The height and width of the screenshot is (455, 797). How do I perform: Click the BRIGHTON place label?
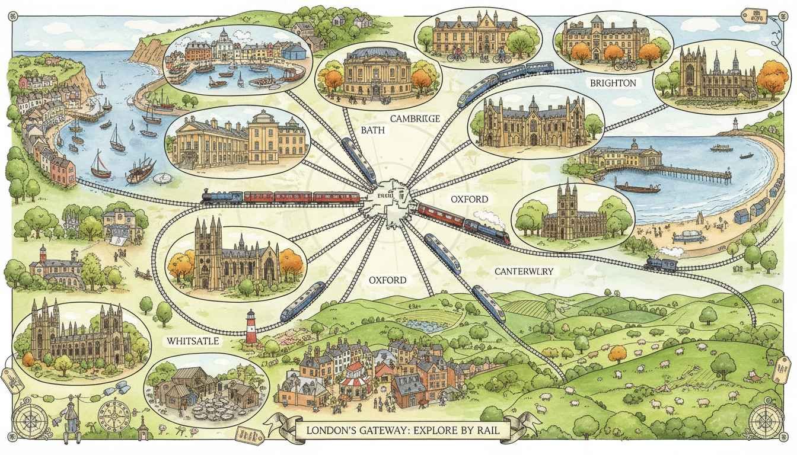[x=613, y=84]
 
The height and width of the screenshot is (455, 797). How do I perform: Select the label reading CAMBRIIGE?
[x=415, y=118]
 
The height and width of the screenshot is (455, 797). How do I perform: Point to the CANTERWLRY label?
[x=524, y=271]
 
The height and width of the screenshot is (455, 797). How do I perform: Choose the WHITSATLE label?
[x=193, y=341]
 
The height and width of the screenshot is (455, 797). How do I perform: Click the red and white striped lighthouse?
[x=251, y=328]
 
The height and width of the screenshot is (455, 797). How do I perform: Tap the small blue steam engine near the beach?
[x=661, y=262]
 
